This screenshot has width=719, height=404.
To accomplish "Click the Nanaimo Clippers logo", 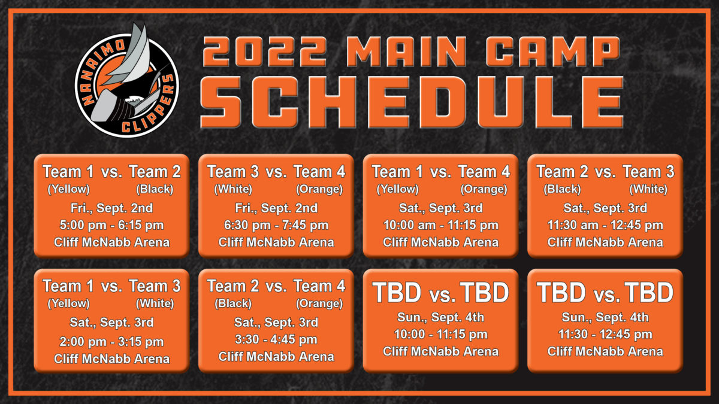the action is [x=127, y=80].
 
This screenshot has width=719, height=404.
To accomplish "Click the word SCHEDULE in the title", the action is [x=412, y=102].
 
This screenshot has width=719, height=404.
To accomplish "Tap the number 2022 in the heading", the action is [x=265, y=51].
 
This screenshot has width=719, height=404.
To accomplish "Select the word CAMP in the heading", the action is [x=553, y=51].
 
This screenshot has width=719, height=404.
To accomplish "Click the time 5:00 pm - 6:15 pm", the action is [x=111, y=225].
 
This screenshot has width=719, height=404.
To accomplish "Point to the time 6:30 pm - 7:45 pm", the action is [x=276, y=225].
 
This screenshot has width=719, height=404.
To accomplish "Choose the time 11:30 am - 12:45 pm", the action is [x=605, y=225].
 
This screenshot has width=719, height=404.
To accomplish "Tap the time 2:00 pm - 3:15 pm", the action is [x=111, y=342].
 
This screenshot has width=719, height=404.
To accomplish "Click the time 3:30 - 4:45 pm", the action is [x=276, y=339].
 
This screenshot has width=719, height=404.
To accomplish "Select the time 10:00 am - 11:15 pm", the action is [x=441, y=225].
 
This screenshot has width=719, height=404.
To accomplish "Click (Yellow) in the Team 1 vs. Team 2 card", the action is [x=69, y=189].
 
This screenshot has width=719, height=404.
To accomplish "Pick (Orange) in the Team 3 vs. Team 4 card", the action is [x=319, y=189].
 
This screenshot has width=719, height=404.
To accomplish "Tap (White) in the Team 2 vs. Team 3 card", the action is [x=648, y=189].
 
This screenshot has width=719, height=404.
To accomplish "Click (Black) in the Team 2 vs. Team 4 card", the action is [x=233, y=303].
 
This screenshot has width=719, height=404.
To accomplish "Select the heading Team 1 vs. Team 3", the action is [x=111, y=286].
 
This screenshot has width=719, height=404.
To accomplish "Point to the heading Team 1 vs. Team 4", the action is [x=441, y=172].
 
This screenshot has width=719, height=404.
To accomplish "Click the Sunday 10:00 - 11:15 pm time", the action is [x=441, y=335].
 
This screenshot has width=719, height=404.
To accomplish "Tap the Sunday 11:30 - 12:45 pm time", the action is [x=605, y=335].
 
